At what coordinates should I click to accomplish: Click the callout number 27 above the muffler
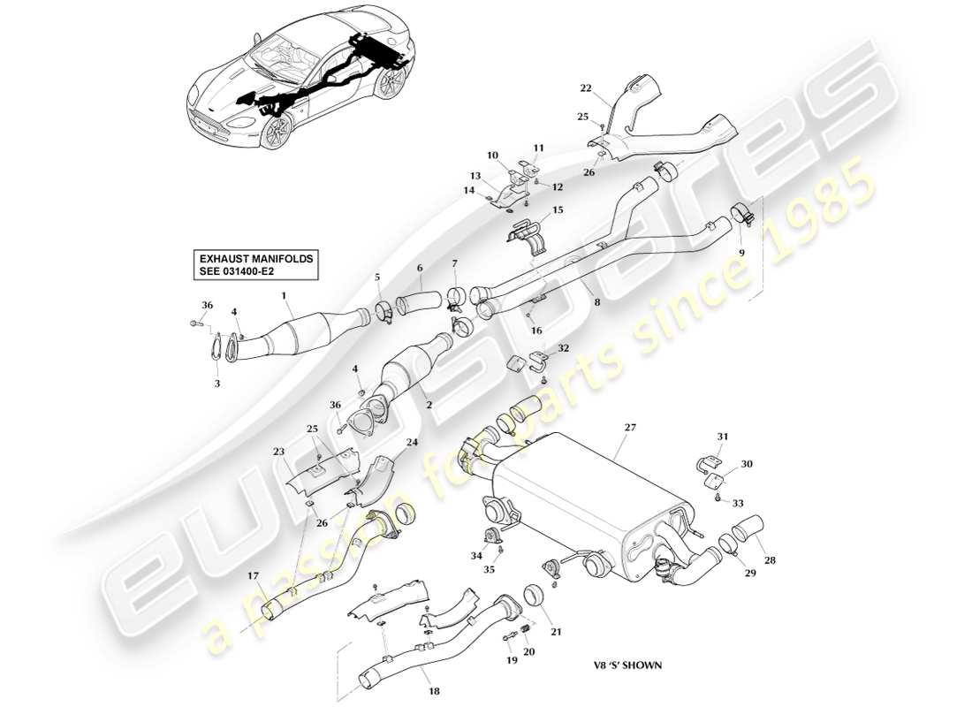click(630, 427)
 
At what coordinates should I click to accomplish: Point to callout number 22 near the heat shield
click(585, 88)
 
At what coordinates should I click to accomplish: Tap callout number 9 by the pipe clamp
click(742, 252)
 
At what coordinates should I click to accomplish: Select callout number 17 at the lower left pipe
click(254, 577)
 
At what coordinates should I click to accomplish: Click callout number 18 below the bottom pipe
click(433, 692)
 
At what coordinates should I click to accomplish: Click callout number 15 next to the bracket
click(558, 209)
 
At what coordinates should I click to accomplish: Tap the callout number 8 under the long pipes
click(597, 303)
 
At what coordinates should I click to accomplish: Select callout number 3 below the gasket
click(216, 384)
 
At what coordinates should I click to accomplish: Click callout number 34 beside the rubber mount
click(477, 556)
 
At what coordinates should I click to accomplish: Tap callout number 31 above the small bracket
click(723, 437)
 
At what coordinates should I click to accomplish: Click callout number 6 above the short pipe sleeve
click(420, 268)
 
